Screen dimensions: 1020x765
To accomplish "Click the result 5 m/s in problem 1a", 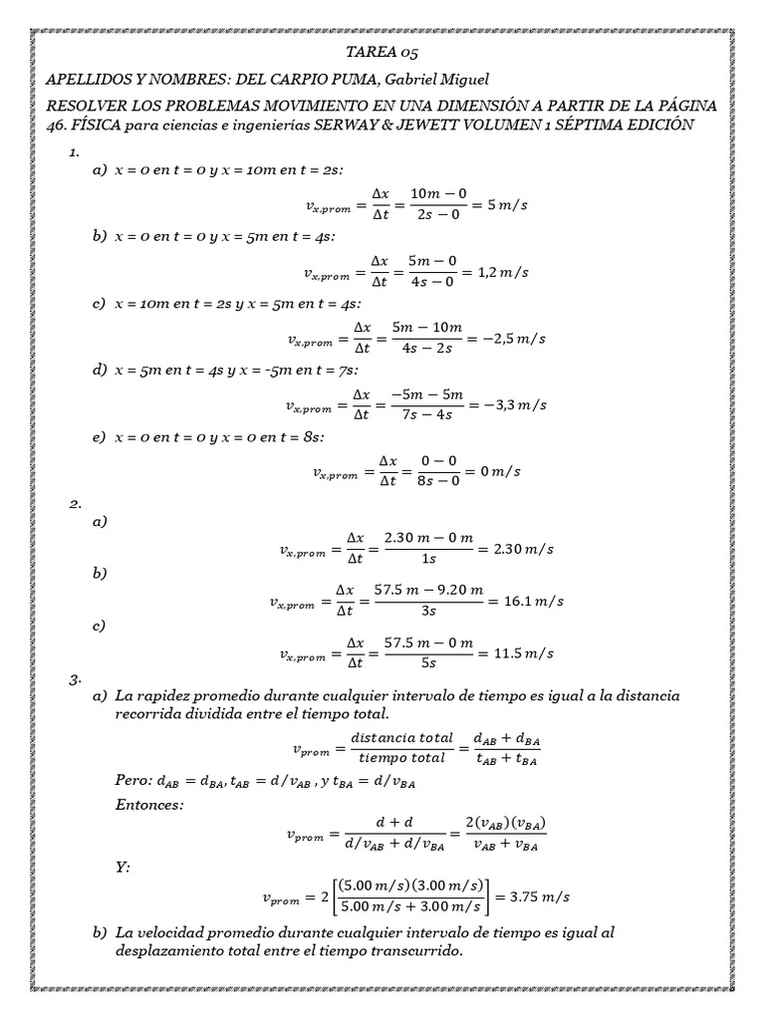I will coord(511,205).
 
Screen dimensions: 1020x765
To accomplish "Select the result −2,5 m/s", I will coord(515,339).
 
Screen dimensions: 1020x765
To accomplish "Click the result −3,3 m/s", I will coord(514,405).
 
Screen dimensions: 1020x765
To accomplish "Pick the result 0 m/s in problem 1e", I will coord(501,471).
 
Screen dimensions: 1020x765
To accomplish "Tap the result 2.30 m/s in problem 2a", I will coord(524,548).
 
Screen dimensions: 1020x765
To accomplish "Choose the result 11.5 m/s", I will coord(522,653).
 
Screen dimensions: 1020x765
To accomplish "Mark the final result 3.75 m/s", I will coord(539,897).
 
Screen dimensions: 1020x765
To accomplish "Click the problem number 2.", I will coord(74,504).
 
